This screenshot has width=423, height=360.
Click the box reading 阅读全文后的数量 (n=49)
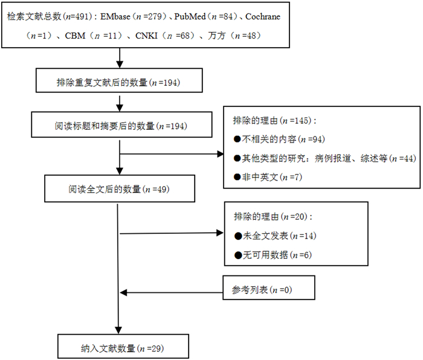pyautogui.click(x=119, y=189)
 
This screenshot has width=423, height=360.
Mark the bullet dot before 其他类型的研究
pyautogui.click(x=237, y=158)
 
